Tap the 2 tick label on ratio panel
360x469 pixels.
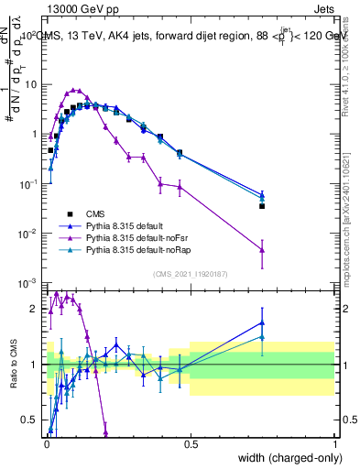coord(34,309)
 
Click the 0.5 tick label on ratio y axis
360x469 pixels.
coord(30,420)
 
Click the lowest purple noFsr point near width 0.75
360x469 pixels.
coord(262,249)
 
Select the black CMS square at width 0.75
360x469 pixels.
coord(262,206)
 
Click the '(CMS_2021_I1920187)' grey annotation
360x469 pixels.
coord(191,273)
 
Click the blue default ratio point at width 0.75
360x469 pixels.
coord(262,322)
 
